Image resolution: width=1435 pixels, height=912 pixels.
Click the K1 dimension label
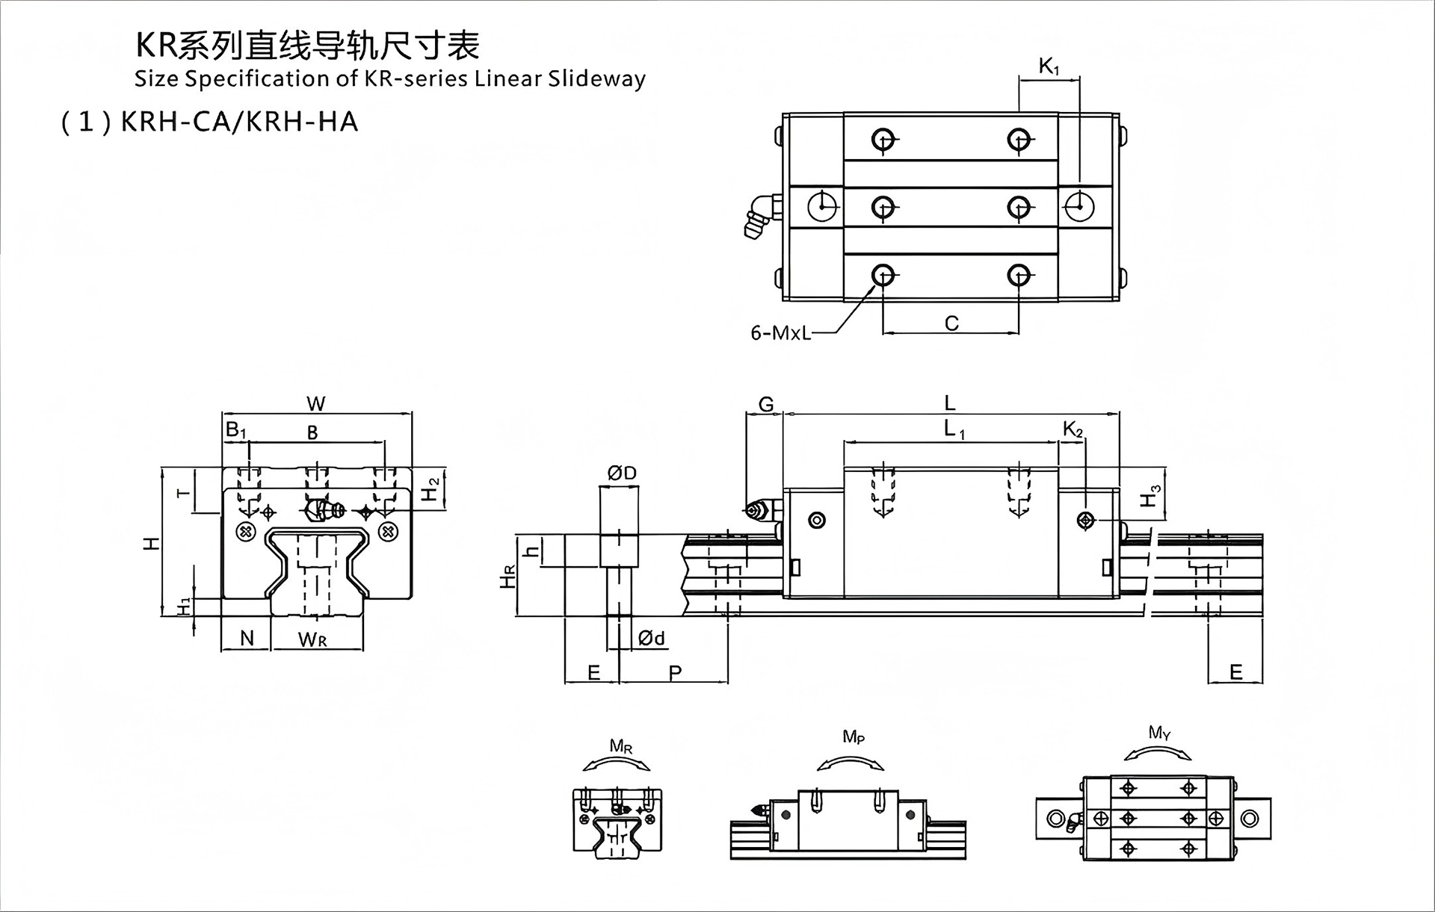click(1049, 67)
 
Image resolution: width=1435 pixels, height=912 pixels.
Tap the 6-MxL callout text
click(780, 332)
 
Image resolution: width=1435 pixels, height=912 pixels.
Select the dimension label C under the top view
click(951, 323)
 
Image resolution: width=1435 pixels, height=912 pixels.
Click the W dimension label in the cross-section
click(316, 404)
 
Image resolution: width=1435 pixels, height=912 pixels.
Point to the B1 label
click(235, 430)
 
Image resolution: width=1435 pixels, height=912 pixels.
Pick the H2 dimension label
click(430, 488)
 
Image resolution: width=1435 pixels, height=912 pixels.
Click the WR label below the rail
click(312, 639)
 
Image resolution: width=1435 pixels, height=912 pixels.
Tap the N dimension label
click(247, 638)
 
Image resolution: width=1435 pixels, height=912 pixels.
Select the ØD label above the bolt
click(621, 473)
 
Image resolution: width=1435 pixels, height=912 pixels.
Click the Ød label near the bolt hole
click(652, 638)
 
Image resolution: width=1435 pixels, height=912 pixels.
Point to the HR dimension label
click(507, 576)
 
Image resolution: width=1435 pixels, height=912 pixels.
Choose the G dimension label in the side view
click(766, 405)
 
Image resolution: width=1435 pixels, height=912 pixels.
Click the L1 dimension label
click(954, 429)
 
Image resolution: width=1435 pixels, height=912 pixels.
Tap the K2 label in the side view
click(1073, 429)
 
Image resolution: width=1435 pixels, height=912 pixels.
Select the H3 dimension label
click(1151, 495)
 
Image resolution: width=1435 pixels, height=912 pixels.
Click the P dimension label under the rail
click(675, 672)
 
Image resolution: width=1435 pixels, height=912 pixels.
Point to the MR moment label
click(621, 745)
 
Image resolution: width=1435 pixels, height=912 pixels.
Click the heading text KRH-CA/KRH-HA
click(239, 122)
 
